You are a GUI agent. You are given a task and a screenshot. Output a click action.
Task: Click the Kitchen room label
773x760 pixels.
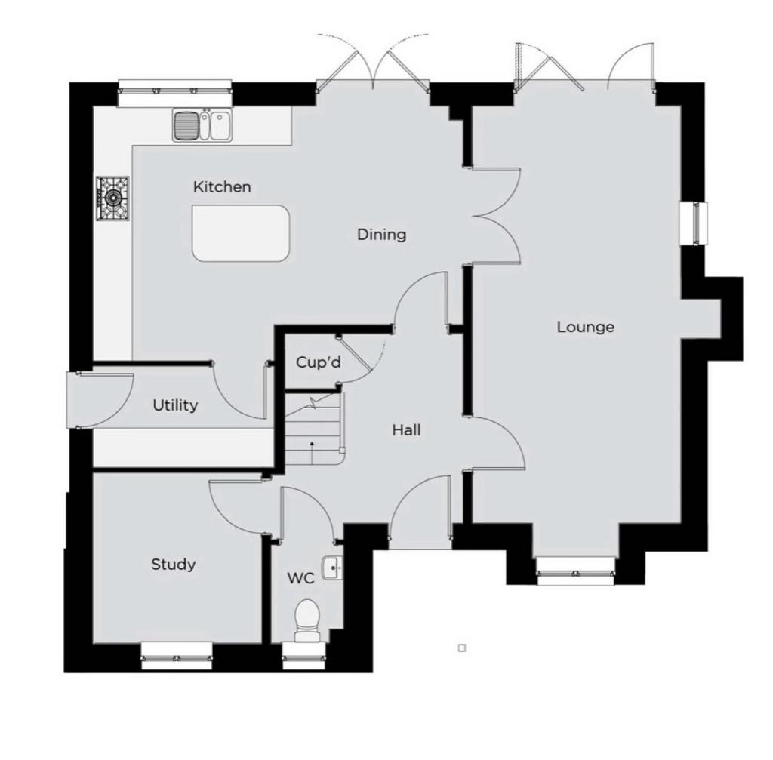222,187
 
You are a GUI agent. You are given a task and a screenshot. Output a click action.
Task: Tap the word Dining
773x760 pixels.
381,235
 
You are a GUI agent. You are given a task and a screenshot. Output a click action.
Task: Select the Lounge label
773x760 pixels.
586,328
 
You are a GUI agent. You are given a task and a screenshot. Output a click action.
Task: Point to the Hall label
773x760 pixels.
407,430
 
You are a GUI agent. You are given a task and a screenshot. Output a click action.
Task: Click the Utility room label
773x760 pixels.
175,405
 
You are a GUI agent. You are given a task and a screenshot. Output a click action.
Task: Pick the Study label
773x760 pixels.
173,565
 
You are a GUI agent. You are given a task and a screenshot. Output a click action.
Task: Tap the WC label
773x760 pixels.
300,578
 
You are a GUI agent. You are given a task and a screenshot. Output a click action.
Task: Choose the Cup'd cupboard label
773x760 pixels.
319,363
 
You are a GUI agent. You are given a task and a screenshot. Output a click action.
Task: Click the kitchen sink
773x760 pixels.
202,125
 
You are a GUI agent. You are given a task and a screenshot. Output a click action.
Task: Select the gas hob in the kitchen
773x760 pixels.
113,198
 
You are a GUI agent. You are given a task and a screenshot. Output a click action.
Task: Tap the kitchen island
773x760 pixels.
241,233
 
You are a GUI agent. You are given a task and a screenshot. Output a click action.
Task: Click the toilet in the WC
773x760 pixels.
307,620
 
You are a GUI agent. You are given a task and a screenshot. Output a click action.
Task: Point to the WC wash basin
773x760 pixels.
332,568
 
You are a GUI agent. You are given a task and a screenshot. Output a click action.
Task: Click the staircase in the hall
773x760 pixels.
314,428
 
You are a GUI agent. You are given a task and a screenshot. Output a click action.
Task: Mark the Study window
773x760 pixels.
177,656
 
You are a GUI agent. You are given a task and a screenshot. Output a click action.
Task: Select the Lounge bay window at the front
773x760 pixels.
576,572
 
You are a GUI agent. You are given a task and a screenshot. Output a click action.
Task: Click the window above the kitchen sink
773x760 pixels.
174,94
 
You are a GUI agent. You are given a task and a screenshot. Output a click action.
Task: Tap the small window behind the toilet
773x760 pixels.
304,656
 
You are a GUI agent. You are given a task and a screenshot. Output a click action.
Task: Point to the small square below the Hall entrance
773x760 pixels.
462,648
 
